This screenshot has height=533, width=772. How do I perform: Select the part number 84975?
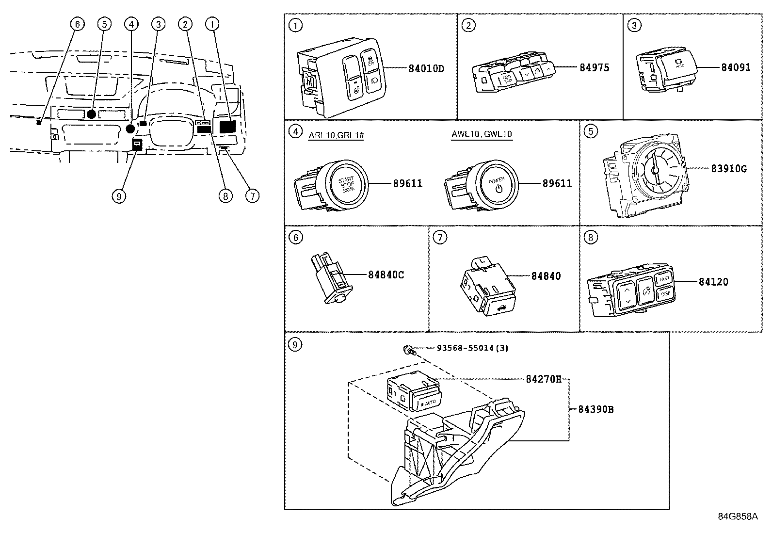click(594, 67)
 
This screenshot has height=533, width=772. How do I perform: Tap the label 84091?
click(735, 67)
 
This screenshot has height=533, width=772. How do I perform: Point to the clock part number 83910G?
click(728, 169)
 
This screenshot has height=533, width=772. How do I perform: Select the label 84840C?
click(386, 275)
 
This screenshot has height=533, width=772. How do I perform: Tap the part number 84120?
click(713, 282)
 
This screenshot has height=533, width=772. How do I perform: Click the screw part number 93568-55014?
click(472, 348)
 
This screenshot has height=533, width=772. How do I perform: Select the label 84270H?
click(543, 379)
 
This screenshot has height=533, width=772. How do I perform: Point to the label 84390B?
click(595, 409)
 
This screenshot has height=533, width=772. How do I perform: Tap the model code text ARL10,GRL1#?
click(336, 135)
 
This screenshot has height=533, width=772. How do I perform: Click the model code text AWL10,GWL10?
click(482, 135)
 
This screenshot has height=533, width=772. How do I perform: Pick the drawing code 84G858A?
click(738, 517)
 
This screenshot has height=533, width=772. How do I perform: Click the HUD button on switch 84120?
click(664, 279)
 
